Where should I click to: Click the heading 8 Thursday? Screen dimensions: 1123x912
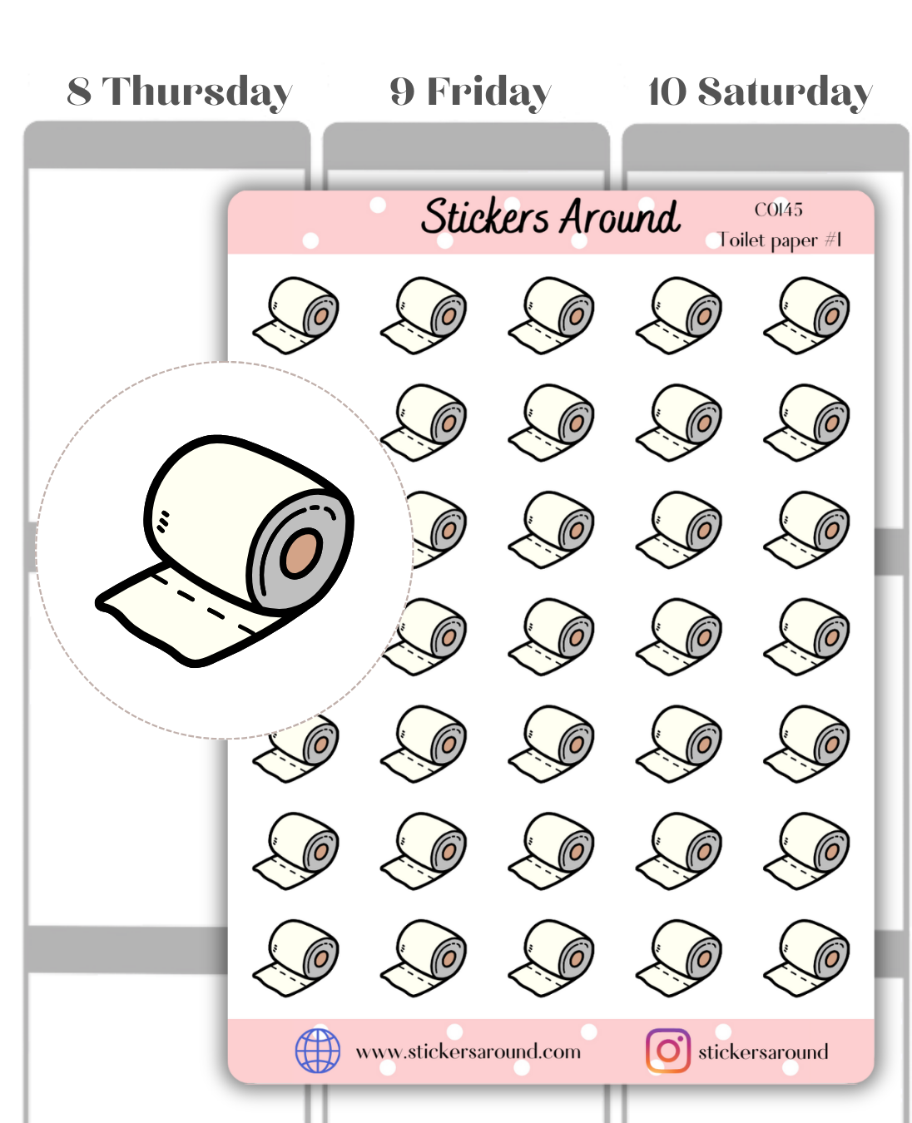[x=179, y=92]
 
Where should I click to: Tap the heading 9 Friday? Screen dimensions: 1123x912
[x=470, y=92]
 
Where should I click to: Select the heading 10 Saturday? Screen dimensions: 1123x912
[x=760, y=92]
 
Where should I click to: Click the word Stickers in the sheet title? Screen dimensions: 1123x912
[x=485, y=217]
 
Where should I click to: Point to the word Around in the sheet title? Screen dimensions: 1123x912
[x=620, y=217]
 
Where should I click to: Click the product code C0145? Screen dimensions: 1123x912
[x=778, y=210]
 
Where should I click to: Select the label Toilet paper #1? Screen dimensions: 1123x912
[x=780, y=240]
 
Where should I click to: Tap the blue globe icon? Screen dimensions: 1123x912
[x=318, y=1051]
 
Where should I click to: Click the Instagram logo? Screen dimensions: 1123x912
[x=667, y=1051]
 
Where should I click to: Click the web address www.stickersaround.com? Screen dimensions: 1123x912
[x=468, y=1051]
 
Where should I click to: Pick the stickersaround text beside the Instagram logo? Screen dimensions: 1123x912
[x=763, y=1052]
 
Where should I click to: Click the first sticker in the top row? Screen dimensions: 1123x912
[x=296, y=315]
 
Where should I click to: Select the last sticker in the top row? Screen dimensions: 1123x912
[x=806, y=315]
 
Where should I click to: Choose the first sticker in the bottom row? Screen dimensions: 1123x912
[x=296, y=957]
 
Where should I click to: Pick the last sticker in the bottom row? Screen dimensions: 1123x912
[x=806, y=957]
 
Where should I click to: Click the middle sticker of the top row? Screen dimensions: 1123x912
[x=551, y=315]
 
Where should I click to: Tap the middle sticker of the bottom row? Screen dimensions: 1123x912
[x=551, y=957]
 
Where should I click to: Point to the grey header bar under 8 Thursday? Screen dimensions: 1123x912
[x=166, y=146]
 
